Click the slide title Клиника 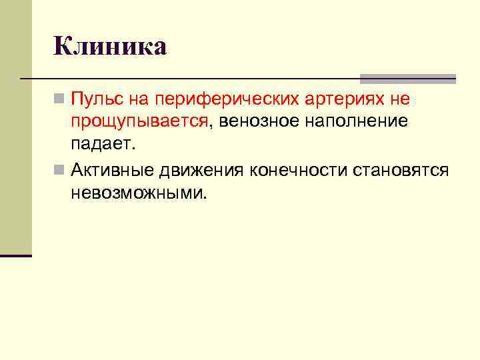pyautogui.click(x=109, y=47)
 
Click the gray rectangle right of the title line pyautogui.click(x=407, y=78)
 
